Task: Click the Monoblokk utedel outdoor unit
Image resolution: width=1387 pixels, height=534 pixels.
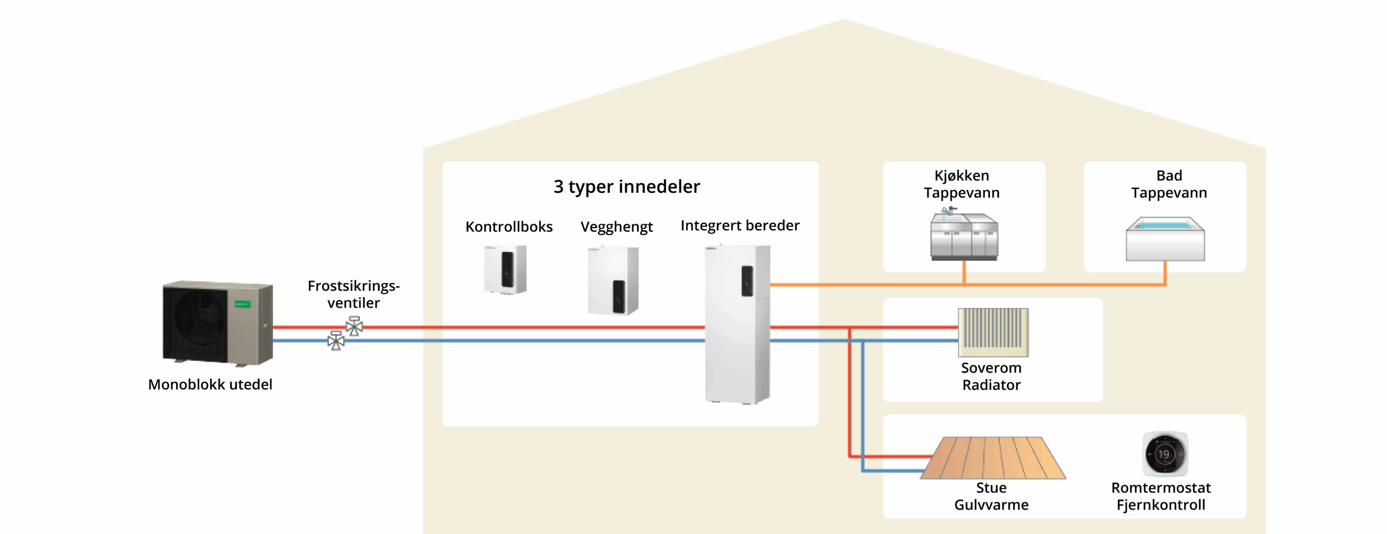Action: coord(217,323)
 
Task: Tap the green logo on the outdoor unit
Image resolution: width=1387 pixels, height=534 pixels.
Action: coord(242,304)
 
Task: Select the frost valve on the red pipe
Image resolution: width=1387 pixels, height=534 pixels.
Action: coord(354,326)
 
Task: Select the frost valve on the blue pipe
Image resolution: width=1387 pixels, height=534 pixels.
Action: coord(336,341)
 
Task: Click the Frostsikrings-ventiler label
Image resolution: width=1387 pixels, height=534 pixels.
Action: coord(353,294)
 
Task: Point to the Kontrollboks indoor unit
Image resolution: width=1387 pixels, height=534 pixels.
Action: coord(505,269)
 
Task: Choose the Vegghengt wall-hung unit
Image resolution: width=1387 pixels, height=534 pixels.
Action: coord(613,280)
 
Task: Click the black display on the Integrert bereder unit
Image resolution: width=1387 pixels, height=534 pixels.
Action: coord(747,281)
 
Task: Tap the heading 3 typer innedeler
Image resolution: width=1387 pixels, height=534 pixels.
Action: coord(626,186)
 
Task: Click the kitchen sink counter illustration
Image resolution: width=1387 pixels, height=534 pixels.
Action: coord(964,236)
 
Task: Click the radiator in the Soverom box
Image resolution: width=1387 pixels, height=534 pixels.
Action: coord(993,331)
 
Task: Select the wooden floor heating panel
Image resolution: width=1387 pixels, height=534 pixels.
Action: coord(993,458)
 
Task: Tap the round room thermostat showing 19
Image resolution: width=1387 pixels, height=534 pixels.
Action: coord(1164,454)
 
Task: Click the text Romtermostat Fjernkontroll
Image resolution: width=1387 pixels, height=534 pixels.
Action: coord(1161,496)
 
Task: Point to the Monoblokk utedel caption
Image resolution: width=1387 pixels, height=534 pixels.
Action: coord(210,384)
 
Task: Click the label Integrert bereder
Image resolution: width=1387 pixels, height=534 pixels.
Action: coord(740,226)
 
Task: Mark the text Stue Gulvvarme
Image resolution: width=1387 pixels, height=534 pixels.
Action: coord(991,496)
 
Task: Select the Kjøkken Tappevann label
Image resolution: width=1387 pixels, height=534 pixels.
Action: coord(962,184)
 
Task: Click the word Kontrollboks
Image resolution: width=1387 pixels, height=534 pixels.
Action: coord(509,227)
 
